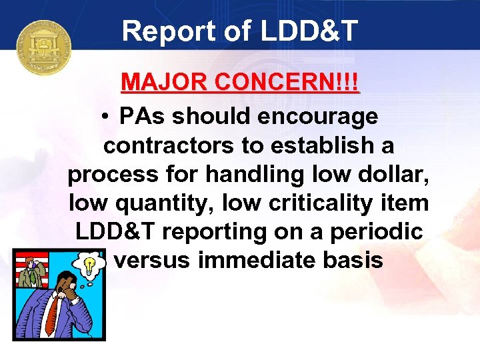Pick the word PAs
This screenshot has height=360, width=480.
pos(141,116)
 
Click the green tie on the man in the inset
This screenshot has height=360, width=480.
pos(29,274)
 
